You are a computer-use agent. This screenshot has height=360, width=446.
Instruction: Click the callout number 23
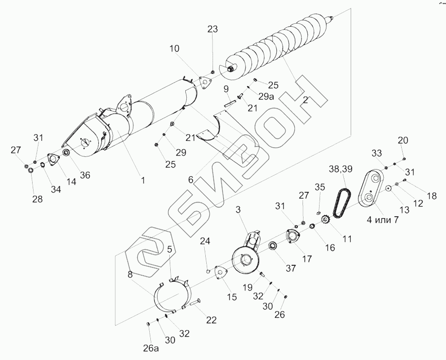tap(213, 29)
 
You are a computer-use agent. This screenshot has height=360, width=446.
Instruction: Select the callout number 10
tap(174, 49)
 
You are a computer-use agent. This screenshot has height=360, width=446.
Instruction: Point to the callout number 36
tap(85, 175)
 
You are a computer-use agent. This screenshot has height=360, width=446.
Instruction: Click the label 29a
tap(267, 96)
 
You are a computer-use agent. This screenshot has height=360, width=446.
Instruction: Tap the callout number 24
tap(205, 240)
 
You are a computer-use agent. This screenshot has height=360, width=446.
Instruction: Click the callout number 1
tap(143, 180)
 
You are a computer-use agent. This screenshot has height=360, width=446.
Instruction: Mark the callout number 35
tap(319, 187)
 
